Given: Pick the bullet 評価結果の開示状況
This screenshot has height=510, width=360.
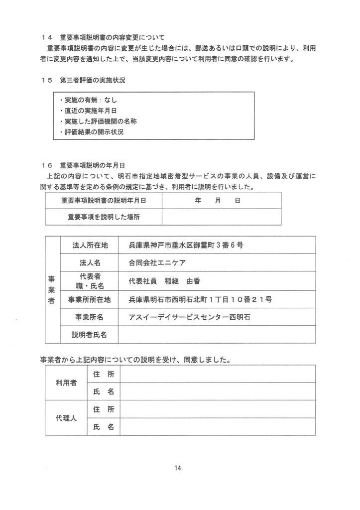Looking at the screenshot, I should coord(90,132).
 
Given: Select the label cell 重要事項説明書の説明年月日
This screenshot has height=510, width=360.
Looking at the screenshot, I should coord(104,201).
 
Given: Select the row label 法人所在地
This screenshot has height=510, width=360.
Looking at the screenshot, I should coord(90,245).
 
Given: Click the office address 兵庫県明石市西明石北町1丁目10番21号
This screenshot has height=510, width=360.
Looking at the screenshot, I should coord(200,299).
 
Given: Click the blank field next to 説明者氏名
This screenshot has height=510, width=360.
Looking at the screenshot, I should coord(217,334).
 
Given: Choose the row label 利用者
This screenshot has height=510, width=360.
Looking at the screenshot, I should coord(66,382).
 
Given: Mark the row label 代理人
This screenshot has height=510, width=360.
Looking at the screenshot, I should coord(66,418).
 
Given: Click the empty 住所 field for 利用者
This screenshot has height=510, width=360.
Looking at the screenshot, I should coord(217,374).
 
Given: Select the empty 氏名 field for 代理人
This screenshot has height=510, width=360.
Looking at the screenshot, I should coord(217,427).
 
